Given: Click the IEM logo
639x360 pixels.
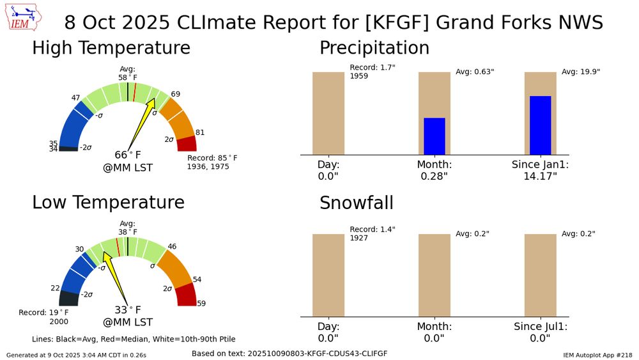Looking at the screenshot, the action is (x=23, y=18).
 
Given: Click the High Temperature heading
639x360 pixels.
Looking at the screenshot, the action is (x=111, y=48).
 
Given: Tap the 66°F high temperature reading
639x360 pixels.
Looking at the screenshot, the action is (x=128, y=155).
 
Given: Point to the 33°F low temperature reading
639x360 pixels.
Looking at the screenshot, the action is (x=128, y=310).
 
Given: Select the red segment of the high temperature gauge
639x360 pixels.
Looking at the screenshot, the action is (x=187, y=144).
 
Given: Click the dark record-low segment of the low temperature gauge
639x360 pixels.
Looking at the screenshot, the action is (x=69, y=299).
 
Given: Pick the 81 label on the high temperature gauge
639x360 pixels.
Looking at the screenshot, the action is (x=199, y=132).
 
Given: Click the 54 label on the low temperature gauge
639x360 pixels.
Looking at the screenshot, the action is (x=197, y=279).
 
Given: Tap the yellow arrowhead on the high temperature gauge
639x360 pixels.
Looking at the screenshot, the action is (x=151, y=103).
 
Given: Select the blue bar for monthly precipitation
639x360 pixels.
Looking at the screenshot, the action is (x=435, y=136).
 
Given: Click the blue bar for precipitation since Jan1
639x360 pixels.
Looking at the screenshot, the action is (x=541, y=125).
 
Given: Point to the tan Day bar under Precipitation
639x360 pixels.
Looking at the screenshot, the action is (x=328, y=113).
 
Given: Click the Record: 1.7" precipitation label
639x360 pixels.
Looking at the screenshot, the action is (x=373, y=67).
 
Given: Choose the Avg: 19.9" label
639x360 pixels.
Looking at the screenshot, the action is (x=581, y=72).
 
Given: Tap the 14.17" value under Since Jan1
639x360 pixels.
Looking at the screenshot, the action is (x=541, y=176).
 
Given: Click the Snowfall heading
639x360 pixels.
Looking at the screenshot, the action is (x=357, y=203).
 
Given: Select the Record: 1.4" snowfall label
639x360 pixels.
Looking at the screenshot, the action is (x=373, y=230).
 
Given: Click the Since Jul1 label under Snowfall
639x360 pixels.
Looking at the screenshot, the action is (x=541, y=327).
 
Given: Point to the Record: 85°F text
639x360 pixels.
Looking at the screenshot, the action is (x=212, y=158).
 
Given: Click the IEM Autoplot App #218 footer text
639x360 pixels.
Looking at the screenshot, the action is (x=598, y=355).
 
